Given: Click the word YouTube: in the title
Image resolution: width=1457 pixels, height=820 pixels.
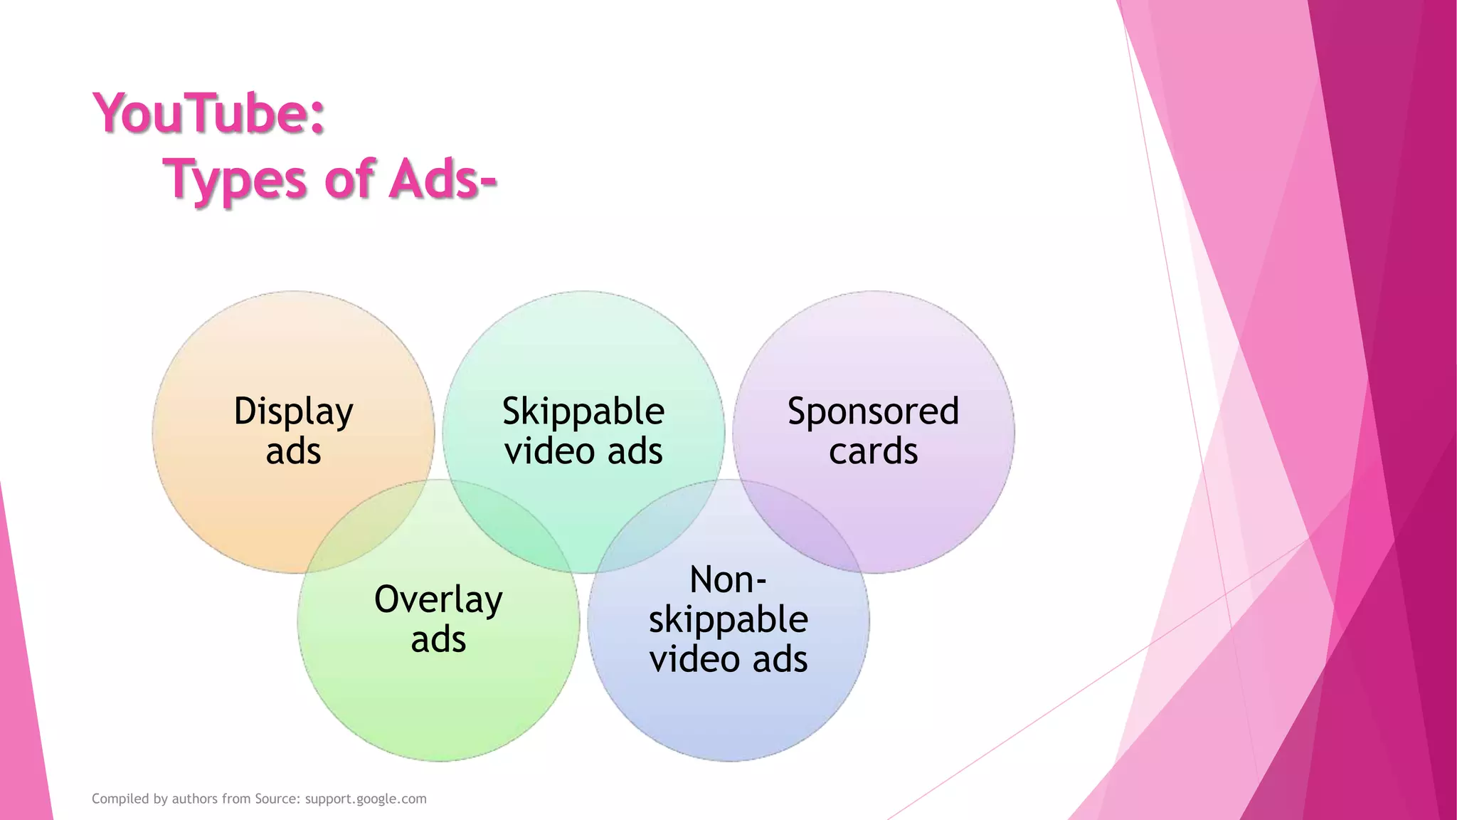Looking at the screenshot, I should click(209, 114).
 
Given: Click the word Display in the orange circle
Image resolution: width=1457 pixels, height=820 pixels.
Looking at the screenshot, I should click(293, 412).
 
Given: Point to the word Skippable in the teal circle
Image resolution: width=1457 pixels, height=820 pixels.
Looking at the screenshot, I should click(583, 412).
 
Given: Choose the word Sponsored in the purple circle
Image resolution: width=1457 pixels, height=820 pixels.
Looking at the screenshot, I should click(873, 412).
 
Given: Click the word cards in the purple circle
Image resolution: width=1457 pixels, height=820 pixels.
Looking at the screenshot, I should click(873, 451).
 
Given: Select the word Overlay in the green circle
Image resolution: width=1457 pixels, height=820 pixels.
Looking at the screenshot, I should click(438, 600).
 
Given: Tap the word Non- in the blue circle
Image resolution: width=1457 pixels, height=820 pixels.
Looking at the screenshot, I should click(728, 579).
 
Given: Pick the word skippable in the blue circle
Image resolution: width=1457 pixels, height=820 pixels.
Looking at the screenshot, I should click(728, 619).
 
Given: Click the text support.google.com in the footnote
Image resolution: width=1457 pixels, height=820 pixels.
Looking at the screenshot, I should click(366, 799).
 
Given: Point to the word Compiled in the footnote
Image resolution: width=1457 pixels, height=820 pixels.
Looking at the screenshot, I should click(120, 799).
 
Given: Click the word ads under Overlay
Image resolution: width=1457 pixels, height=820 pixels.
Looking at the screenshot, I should click(438, 639).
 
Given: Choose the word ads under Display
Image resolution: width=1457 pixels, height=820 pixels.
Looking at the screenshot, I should click(293, 451).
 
